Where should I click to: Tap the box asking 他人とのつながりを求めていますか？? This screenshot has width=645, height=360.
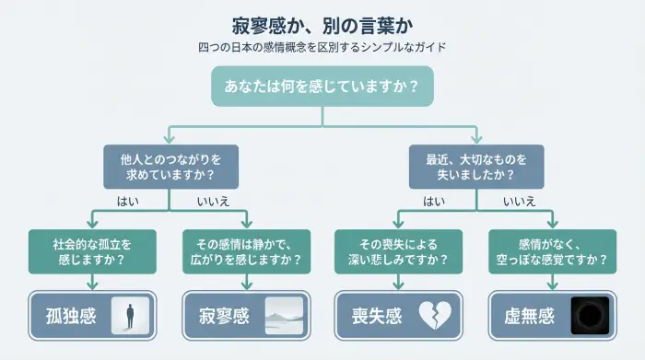(170, 165)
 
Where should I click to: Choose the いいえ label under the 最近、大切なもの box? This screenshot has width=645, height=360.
(519, 201)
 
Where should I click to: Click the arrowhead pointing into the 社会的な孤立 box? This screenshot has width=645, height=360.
(92, 226)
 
